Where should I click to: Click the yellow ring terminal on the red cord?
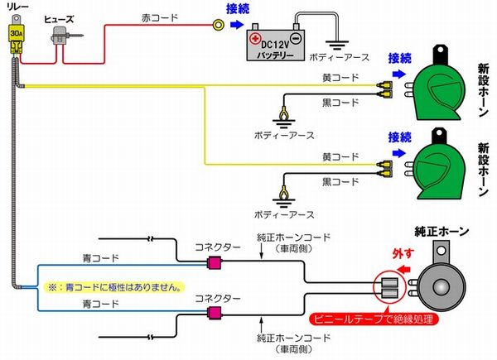[216, 26]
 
